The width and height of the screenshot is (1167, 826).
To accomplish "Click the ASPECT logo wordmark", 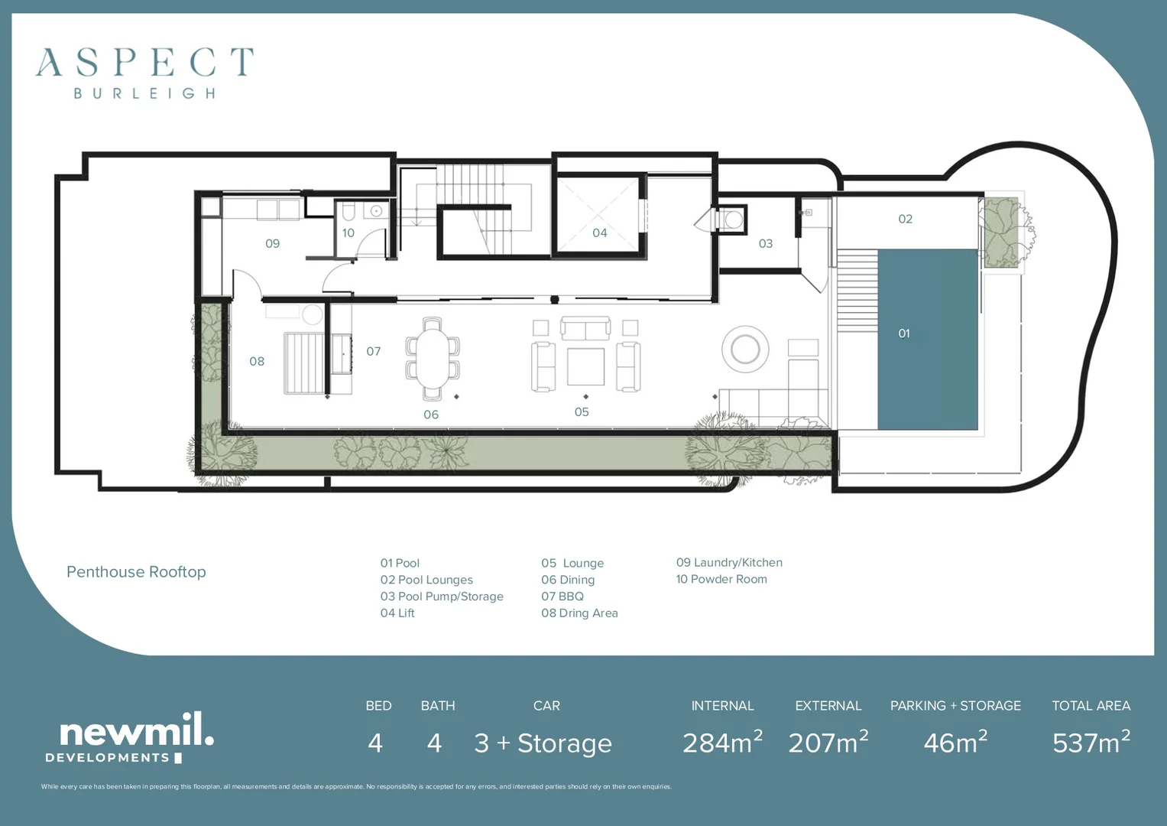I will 144,63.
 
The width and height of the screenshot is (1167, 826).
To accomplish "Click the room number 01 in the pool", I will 904,333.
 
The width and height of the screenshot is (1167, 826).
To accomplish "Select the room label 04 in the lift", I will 600,233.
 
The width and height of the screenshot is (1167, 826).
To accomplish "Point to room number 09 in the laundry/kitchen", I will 272,243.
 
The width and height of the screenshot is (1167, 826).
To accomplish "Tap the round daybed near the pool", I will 745,350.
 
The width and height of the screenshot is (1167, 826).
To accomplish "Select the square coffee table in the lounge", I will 585,366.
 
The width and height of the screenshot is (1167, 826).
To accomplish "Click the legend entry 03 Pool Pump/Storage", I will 442,597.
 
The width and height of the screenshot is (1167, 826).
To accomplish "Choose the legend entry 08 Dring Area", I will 579,613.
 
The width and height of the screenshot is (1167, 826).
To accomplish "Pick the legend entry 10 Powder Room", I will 721,579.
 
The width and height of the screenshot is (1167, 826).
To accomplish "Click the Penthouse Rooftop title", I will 136,572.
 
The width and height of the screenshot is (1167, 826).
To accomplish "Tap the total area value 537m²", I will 1091,743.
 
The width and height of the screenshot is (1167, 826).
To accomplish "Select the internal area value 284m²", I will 722,743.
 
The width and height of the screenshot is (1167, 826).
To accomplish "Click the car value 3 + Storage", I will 543,743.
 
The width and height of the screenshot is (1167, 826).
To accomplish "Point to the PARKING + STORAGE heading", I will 955,706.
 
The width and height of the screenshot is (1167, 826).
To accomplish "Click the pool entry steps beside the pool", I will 857,290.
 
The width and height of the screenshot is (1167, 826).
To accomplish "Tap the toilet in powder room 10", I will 348,211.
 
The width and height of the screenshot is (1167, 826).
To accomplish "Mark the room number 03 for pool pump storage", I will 765,243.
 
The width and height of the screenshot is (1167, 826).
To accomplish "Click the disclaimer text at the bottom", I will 356,786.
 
